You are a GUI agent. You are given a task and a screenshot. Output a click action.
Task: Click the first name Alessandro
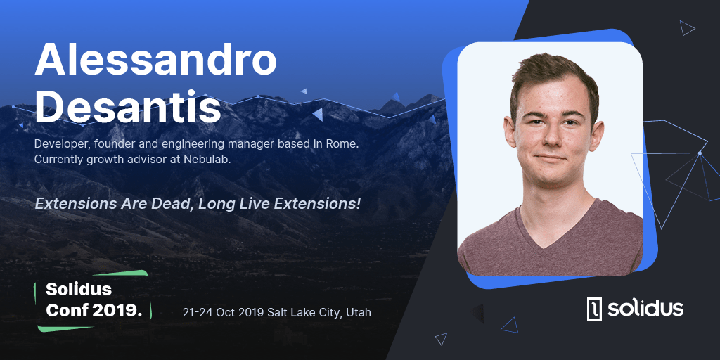pyautogui.click(x=155, y=60)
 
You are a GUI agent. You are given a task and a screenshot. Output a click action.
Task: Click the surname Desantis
pyautogui.click(x=128, y=108)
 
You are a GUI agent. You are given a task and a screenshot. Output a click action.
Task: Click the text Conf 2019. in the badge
pyautogui.click(x=94, y=310)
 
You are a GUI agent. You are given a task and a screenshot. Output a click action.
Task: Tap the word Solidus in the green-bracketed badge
pyautogui.click(x=79, y=289)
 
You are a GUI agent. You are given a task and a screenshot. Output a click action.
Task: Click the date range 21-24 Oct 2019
pyautogui.click(x=223, y=313)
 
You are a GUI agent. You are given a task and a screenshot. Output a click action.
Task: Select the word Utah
pyautogui.click(x=359, y=313)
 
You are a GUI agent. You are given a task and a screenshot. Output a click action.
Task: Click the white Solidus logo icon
pyautogui.click(x=593, y=309)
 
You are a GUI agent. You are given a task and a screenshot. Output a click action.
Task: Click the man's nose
pyautogui.click(x=549, y=140)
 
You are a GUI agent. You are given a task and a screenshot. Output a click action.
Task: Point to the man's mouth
pyautogui.click(x=550, y=159)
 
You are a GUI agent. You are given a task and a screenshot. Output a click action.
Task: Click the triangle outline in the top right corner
pyautogui.click(x=686, y=27)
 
